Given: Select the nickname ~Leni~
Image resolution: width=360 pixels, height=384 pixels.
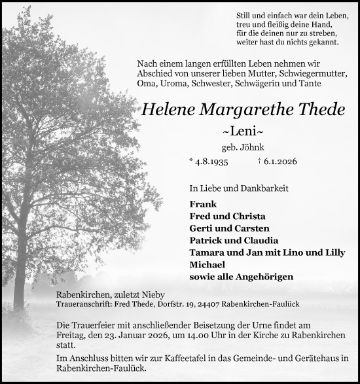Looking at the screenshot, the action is point(242,131).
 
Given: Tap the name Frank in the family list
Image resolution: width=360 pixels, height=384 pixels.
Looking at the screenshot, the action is point(202,204).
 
